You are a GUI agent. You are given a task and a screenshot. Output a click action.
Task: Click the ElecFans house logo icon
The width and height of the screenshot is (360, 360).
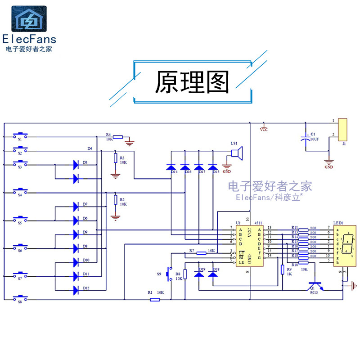pos(29,19)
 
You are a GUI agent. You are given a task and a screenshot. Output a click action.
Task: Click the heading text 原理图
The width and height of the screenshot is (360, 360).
pos(192,82)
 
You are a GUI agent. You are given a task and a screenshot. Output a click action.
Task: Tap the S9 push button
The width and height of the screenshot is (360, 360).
pos(169,274)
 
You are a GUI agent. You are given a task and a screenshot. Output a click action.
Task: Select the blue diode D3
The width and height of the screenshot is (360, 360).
pos(76,165)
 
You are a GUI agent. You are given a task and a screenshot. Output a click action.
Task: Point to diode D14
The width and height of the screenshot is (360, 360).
pos(171,167)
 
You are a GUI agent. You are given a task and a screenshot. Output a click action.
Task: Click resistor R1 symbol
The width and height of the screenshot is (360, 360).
pos(154,298)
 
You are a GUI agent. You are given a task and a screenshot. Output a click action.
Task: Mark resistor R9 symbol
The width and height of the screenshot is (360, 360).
pos(283,270)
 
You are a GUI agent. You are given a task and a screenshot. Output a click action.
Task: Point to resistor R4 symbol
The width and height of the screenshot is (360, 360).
pos(118,137)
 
